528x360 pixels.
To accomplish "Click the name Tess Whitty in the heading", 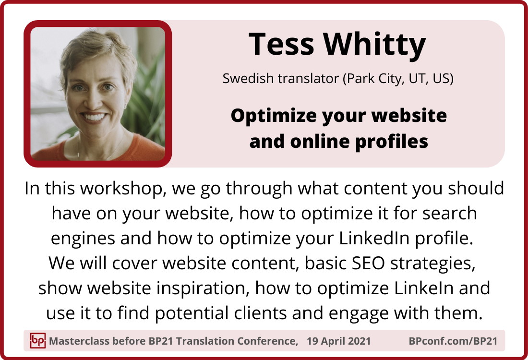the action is pyautogui.click(x=337, y=45).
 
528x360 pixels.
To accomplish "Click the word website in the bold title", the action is pyautogui.click(x=409, y=116).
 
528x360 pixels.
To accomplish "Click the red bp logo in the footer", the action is pyautogui.click(x=37, y=340).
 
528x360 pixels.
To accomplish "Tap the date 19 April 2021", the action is pyautogui.click(x=338, y=341).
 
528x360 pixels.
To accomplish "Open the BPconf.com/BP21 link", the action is pyautogui.click(x=453, y=341).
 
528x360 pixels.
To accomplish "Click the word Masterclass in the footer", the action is pyautogui.click(x=79, y=341).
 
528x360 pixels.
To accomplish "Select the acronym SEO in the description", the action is pyautogui.click(x=368, y=264).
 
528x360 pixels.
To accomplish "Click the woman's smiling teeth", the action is pyautogui.click(x=94, y=117).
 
